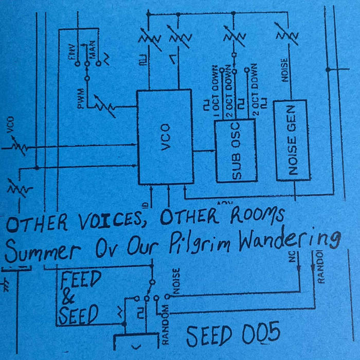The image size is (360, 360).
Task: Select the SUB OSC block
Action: click(235, 150)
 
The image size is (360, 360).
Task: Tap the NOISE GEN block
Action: click(292, 140)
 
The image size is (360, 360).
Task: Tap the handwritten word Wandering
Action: click(285, 241)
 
